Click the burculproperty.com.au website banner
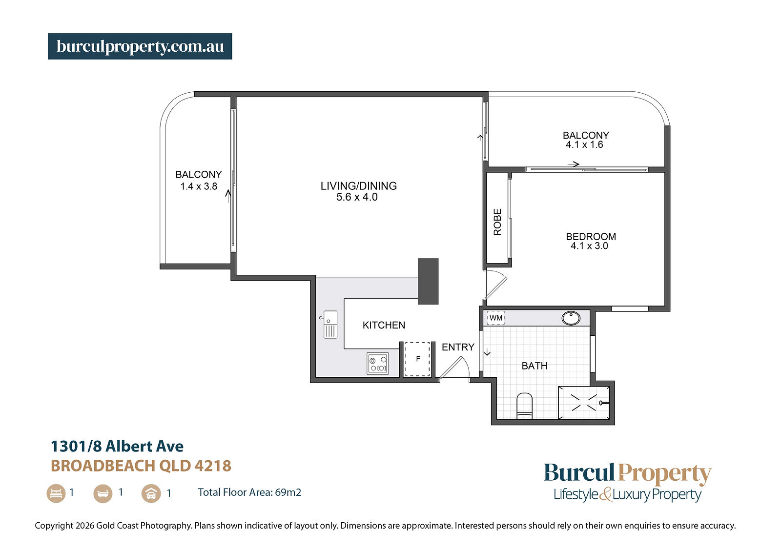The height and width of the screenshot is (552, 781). tap(140, 46)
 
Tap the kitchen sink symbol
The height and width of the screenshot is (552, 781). tap(330, 325)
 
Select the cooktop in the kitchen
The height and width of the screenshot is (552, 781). tap(378, 363)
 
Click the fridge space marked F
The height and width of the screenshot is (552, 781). tap(417, 359)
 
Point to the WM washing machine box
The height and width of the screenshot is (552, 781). tap(496, 318)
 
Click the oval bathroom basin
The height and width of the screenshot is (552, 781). tap(571, 318)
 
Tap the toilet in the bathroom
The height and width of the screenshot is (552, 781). tap(524, 406)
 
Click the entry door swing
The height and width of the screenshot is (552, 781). tap(454, 367)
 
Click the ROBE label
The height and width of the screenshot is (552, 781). tap(497, 222)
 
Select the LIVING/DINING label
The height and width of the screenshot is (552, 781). tap(359, 186)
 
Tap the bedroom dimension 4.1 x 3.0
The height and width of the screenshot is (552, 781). tap(589, 246)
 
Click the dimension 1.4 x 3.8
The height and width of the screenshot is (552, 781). tap(199, 186)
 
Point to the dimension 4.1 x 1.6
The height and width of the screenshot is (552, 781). tap(584, 144)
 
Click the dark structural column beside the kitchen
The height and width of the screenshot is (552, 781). tap(428, 282)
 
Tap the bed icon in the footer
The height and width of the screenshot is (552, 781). tap(56, 493)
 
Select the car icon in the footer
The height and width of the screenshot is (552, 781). tap(151, 493)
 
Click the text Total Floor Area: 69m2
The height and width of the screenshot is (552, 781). tap(249, 492)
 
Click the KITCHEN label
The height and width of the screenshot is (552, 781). tap(384, 326)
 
